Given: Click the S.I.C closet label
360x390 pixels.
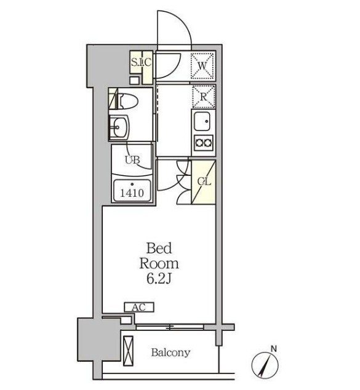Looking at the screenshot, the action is pos(141,62).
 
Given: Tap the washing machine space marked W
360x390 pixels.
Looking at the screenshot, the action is pos(202,66).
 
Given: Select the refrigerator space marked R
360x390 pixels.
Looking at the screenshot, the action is pos(204,97).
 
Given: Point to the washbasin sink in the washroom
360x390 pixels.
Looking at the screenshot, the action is pos(118,127).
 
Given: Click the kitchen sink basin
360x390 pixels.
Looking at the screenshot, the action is pos(202,121).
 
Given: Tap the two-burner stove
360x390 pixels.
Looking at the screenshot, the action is pos(204,143).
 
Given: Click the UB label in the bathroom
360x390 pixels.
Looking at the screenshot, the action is pos(132,160).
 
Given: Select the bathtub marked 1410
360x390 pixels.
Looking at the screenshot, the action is pos(132,190).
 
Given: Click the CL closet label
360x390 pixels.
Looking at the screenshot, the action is pos(204,181).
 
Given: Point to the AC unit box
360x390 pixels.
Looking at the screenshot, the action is pos(139,307).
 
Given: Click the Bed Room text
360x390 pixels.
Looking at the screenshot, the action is pos(159,256).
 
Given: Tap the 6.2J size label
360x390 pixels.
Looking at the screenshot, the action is pos(159,279).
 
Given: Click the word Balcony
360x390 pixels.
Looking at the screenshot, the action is pos(171,352).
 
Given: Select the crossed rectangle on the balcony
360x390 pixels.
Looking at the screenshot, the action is pos(129,351).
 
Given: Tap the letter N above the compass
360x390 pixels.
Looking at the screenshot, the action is pos(274,349).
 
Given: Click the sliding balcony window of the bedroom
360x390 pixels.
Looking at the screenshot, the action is pos(170,327).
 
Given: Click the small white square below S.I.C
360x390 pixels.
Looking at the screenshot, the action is pos(135,81).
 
